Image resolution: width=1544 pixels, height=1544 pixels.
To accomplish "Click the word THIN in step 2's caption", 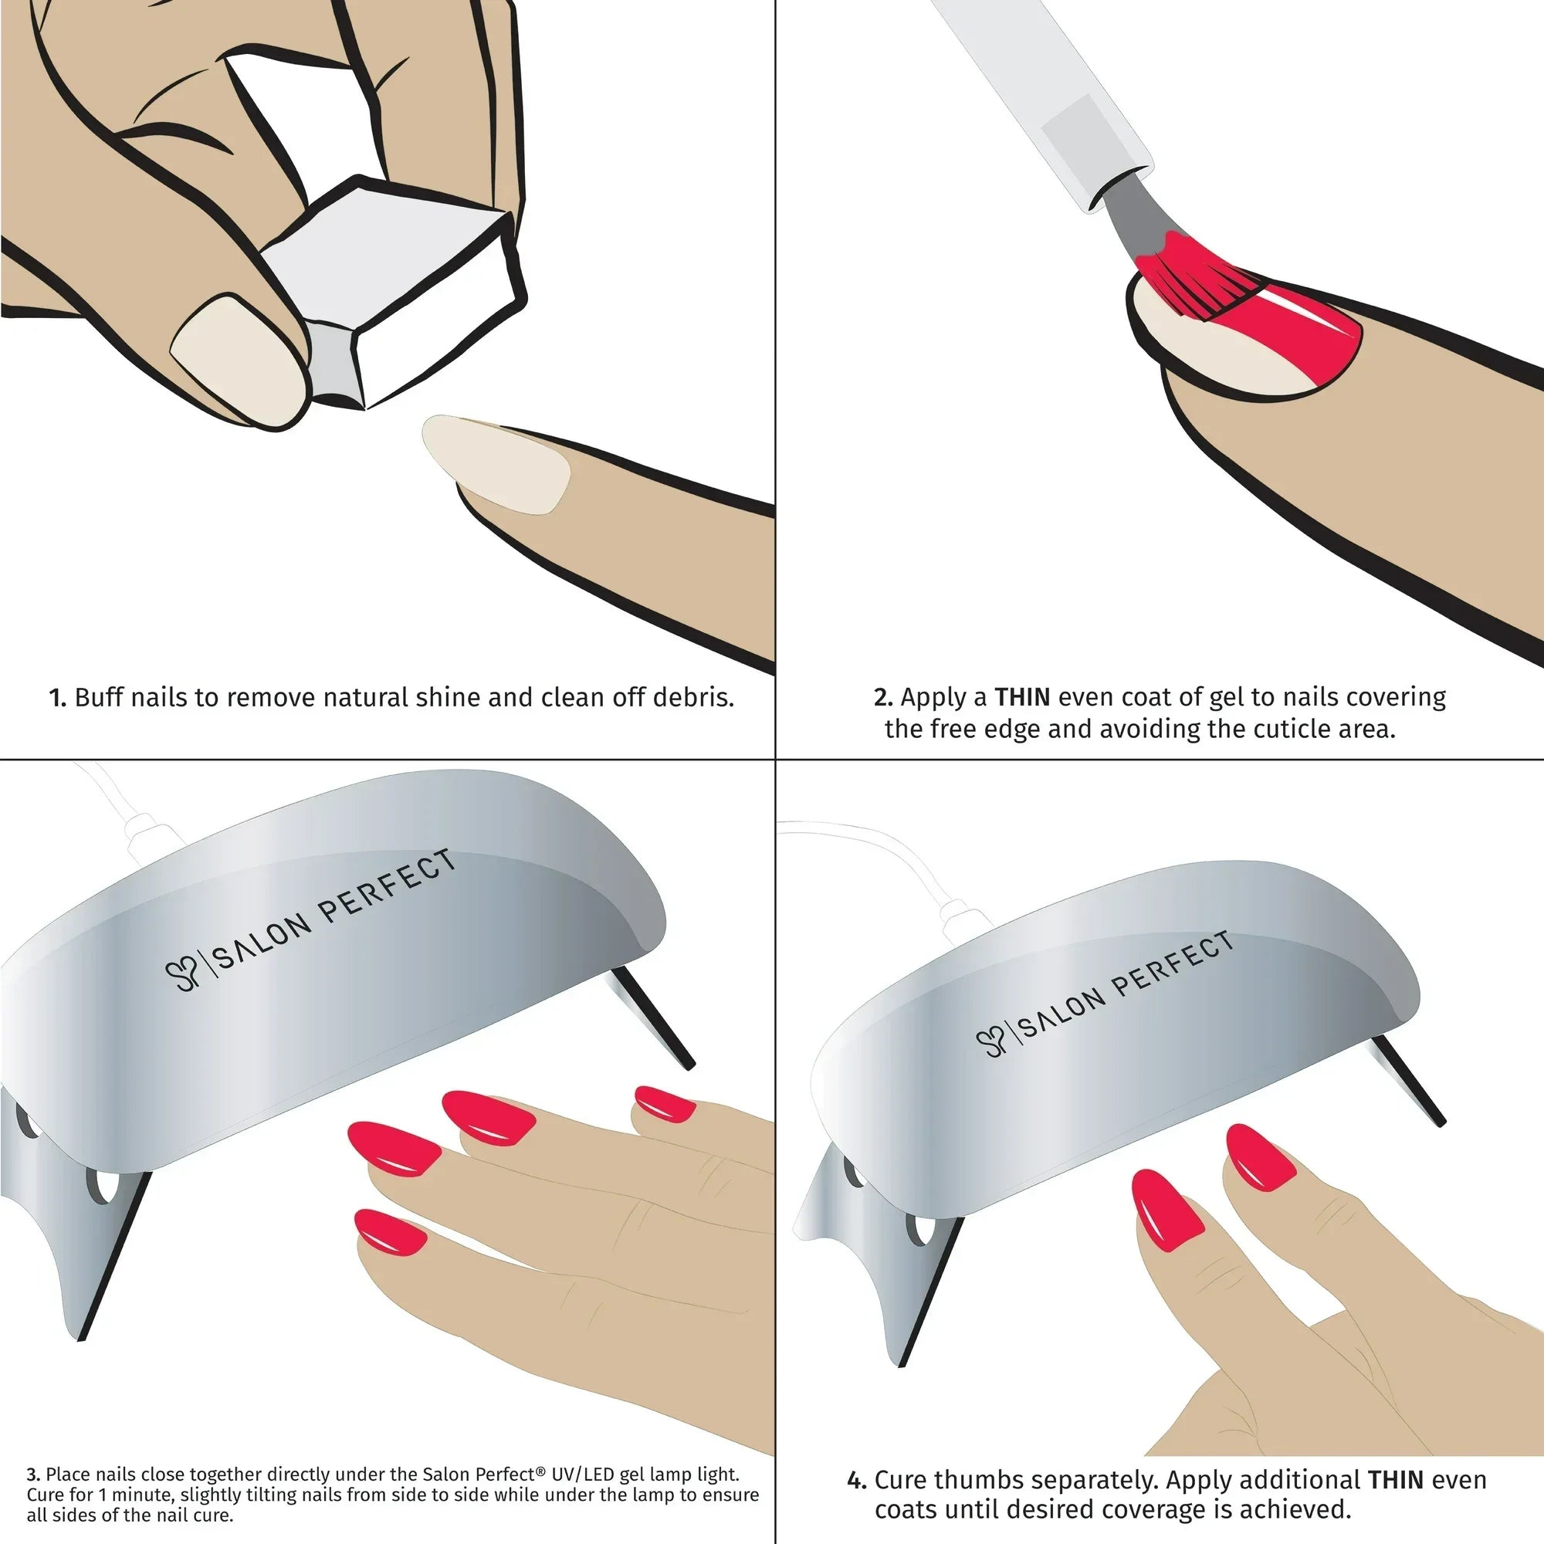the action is click(x=1022, y=697).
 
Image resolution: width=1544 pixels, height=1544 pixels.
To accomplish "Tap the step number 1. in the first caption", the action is click(x=58, y=699).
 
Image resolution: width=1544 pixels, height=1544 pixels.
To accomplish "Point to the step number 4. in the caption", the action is click(x=857, y=1481).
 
